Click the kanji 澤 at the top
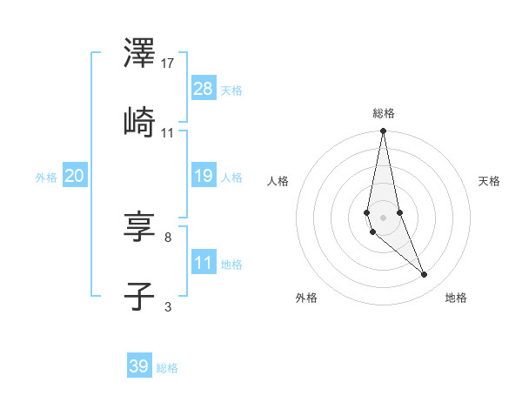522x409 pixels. point(139,54)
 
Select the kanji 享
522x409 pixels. point(139,228)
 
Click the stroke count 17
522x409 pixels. point(168,64)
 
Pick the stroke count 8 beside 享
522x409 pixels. point(168,237)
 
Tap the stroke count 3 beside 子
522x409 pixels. point(168,305)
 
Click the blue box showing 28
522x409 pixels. point(204,88)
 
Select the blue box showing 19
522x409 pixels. point(204,176)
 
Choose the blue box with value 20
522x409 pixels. point(75,176)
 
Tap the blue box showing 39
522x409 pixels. point(139,366)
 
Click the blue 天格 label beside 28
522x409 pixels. point(231,91)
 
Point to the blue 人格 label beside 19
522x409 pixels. point(231,178)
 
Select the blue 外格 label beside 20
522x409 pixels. point(46,178)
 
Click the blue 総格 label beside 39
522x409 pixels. point(167,368)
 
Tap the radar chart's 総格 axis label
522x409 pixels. point(384,113)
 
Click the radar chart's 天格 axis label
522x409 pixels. point(490,181)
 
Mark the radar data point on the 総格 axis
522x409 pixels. point(383,131)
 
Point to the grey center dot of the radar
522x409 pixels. point(383,217)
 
